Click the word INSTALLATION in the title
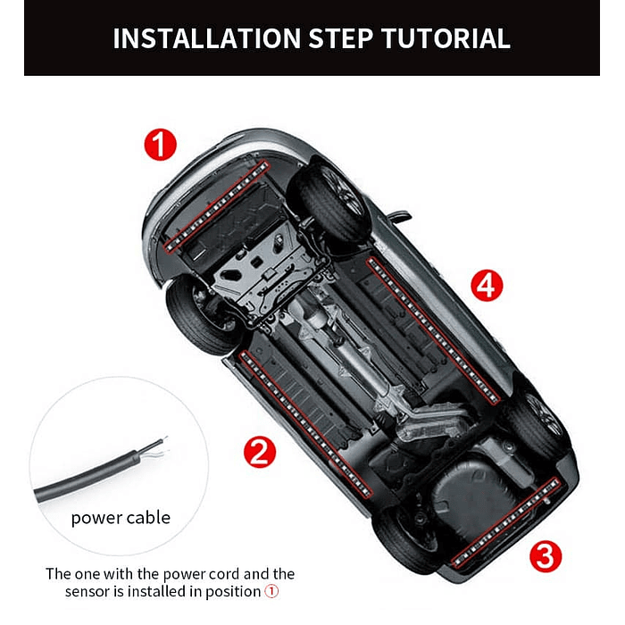point(206,38)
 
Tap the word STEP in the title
point(341,38)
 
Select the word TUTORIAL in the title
point(446,38)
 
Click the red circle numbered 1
point(160,145)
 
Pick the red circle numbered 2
point(260,452)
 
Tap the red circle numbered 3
point(546,556)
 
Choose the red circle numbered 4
point(487,286)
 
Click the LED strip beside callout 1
point(217,206)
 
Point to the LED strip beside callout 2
point(305,424)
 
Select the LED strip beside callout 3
point(506,522)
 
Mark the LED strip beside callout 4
point(433,331)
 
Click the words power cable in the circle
point(121,518)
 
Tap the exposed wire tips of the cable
point(160,447)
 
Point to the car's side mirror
point(399,217)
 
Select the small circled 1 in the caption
point(271,591)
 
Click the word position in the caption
point(233,592)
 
